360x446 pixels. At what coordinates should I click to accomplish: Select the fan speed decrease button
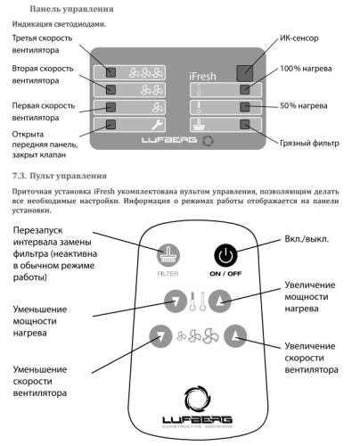[160, 335]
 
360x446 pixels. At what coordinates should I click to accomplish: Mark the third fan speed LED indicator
[110, 72]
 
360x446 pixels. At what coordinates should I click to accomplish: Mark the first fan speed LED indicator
[110, 108]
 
